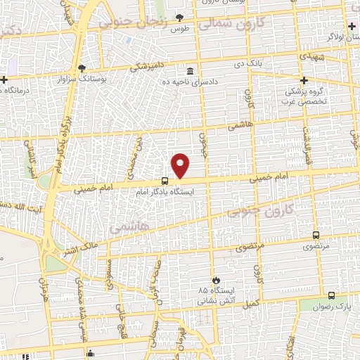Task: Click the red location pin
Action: (x=181, y=165)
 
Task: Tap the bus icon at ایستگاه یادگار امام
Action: (x=164, y=180)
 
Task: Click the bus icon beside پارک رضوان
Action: (x=331, y=296)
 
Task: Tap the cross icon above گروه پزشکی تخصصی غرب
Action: (x=304, y=79)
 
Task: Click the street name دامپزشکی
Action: (x=150, y=65)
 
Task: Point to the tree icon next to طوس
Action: (x=180, y=18)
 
